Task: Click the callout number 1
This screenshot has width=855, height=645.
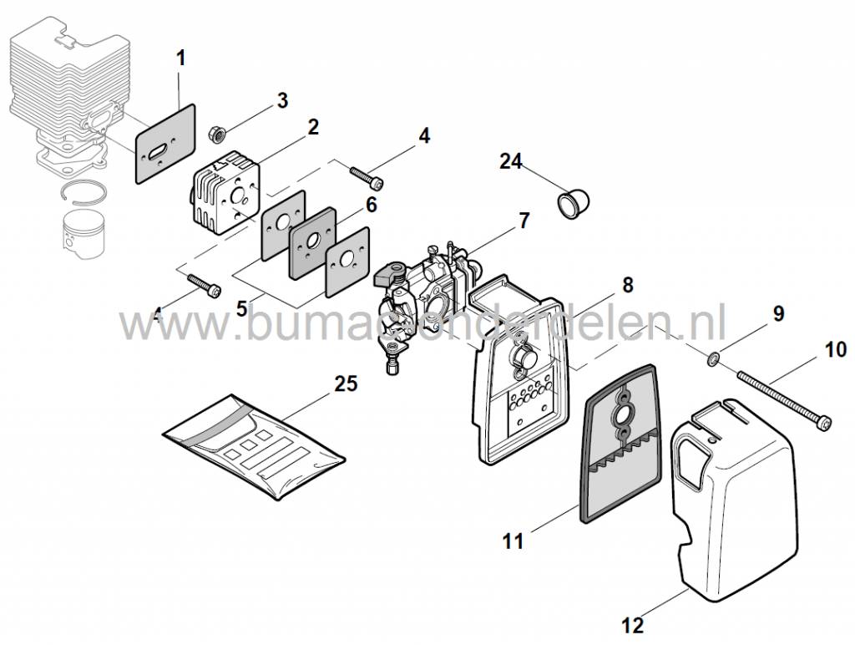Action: coord(181,58)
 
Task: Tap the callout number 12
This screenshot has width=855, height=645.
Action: coord(632,623)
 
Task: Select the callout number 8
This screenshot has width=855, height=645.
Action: coord(626,284)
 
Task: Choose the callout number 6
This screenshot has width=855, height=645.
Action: coord(371,204)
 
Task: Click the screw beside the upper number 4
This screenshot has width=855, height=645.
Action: coord(367,177)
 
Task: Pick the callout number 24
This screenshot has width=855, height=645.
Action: coord(511,161)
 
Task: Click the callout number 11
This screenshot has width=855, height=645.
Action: coord(513,541)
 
